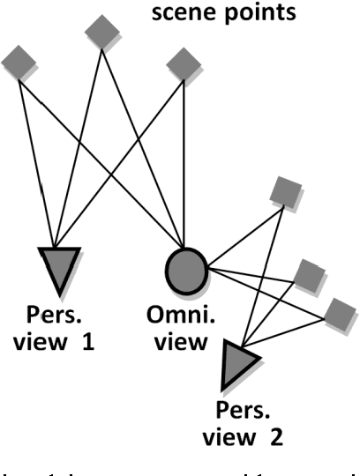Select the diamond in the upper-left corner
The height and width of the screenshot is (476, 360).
[19, 62]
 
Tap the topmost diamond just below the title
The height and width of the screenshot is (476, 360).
[102, 32]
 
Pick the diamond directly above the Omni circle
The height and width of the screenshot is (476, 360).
[183, 64]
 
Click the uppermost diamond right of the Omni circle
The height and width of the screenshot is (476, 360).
[285, 192]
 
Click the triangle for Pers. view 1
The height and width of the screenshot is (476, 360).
[60, 269]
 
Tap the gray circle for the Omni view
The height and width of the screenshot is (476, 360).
[185, 268]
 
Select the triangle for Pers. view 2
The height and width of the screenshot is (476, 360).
[238, 362]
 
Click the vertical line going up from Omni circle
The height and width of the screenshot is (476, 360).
[183, 159]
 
